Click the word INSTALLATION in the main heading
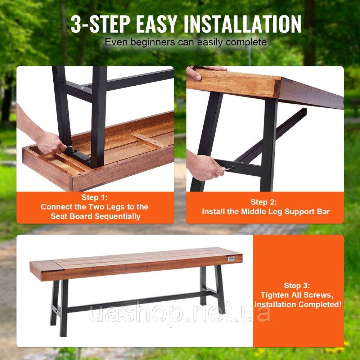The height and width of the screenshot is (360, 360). [242, 24]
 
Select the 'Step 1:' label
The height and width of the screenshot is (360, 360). [94, 197]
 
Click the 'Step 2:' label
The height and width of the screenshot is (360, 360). [264, 202]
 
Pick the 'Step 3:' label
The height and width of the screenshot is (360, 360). [297, 285]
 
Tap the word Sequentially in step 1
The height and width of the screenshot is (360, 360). [118, 216]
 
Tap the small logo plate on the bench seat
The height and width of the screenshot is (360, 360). [231, 258]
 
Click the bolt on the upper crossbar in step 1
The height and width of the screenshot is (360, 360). [75, 93]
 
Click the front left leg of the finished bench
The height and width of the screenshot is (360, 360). [64, 308]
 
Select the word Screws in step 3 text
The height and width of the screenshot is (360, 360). [318, 295]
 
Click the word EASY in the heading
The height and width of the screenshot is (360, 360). [157, 24]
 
